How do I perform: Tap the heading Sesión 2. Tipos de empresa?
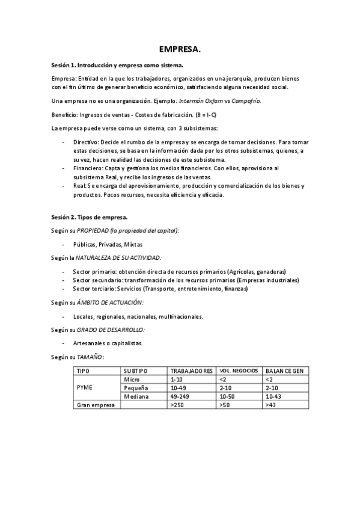click(x=90, y=217)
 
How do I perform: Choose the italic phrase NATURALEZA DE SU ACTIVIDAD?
click(x=118, y=257)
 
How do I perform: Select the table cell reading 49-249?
click(x=181, y=397)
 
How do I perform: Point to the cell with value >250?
click(x=177, y=405)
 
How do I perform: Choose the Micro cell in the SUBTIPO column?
click(x=132, y=380)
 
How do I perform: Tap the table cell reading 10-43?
click(x=273, y=397)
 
